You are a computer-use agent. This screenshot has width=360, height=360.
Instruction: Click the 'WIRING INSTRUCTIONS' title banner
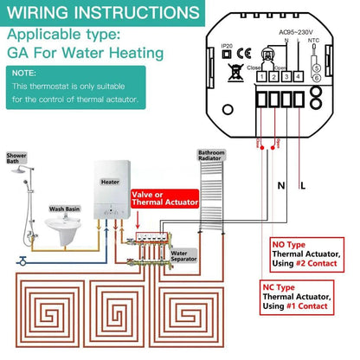(x=102, y=15)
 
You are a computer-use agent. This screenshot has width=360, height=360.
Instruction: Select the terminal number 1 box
(x=260, y=77)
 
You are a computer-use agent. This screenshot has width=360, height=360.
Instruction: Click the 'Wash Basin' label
(x=66, y=209)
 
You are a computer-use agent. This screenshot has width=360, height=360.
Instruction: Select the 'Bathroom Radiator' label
(x=210, y=153)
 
